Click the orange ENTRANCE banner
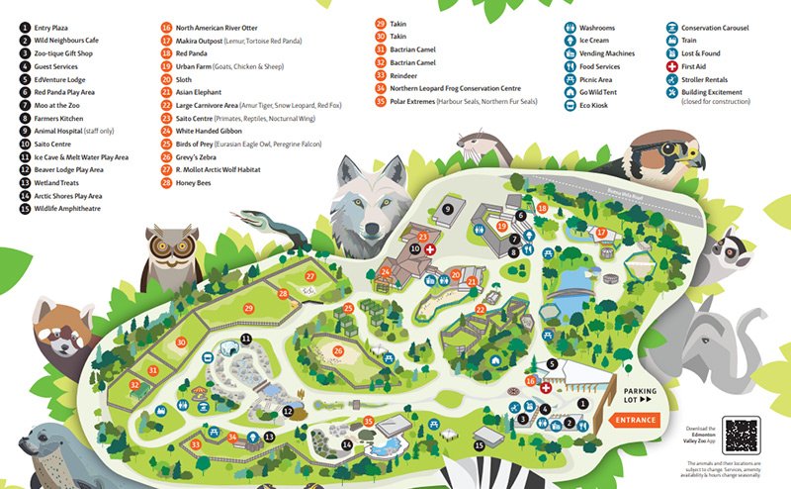635,421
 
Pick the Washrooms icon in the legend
571,27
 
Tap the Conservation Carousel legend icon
672,27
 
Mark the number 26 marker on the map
338,349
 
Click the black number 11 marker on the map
247,340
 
